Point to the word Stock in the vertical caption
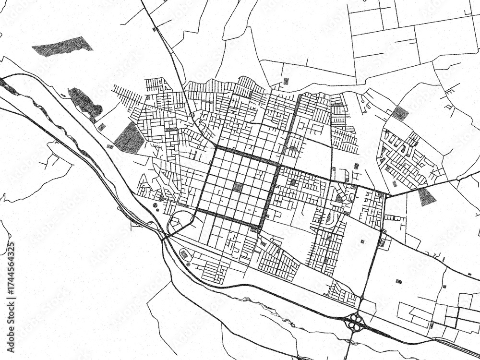[x=12, y=313]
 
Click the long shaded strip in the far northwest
[x=62, y=47]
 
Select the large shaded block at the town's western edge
[x=129, y=138]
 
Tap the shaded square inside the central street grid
[x=238, y=187]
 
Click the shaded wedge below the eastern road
[x=426, y=196]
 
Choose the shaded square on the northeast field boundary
[x=400, y=113]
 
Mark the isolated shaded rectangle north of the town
[x=286, y=81]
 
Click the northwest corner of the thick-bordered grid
[x=216, y=147]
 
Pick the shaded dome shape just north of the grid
[x=292, y=150]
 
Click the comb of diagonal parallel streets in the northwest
[x=126, y=96]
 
